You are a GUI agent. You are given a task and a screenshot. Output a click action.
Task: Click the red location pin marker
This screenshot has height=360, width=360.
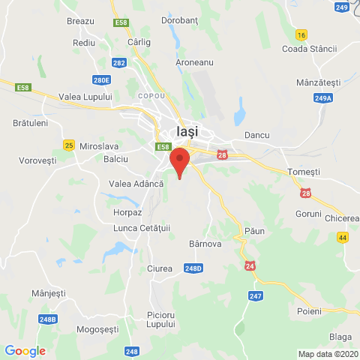click(x=178, y=161)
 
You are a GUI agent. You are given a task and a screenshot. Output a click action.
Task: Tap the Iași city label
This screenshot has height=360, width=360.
click(x=187, y=130)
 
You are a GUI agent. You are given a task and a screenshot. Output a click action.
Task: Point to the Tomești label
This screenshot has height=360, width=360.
click(x=304, y=172)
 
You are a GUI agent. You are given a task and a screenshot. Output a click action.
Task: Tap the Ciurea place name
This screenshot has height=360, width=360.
click(x=160, y=268)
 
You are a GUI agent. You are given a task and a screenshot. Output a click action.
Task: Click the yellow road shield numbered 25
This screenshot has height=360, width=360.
click(x=69, y=145)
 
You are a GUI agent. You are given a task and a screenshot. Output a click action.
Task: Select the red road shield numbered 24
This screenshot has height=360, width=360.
click(x=248, y=265)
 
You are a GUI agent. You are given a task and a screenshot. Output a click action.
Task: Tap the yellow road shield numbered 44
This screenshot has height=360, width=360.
click(x=343, y=237)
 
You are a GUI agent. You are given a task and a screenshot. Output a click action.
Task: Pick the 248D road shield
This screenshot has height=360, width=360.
click(x=193, y=268)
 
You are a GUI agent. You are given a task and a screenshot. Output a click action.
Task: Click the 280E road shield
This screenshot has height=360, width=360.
click(x=102, y=79)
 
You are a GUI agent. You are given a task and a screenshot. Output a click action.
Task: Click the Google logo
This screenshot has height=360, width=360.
click(x=25, y=351)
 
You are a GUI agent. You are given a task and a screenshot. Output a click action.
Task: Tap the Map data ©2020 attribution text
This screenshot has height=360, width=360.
click(x=327, y=354)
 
